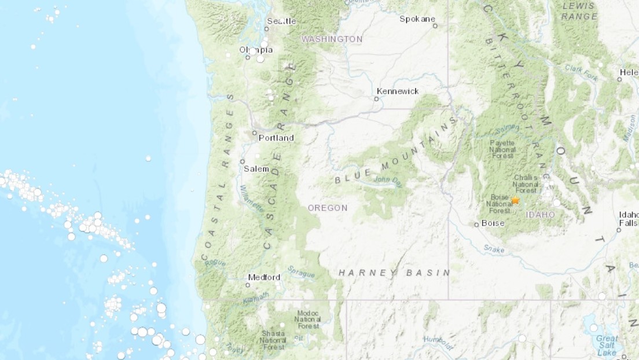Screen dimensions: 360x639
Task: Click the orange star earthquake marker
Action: coord(515,200)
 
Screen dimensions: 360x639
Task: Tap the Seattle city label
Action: coord(281,21)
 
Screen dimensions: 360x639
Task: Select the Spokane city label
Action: coord(417,19)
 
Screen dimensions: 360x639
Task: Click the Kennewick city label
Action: coord(397,91)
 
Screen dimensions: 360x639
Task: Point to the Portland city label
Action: coord(276,138)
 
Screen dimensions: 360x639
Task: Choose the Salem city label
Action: coord(256,169)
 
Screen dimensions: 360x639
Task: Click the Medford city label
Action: coord(264,277)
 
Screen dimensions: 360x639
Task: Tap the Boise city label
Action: coord(493,223)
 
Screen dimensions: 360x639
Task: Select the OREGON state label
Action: coord(328,208)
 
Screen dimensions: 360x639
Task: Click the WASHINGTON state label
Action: coord(332,39)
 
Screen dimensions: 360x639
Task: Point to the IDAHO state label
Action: coord(541,215)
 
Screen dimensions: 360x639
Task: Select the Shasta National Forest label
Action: coord(273,341)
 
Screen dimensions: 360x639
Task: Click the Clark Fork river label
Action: coord(581,73)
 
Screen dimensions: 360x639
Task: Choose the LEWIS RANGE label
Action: coord(579,11)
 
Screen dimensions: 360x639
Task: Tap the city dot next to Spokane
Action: coord(435,26)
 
